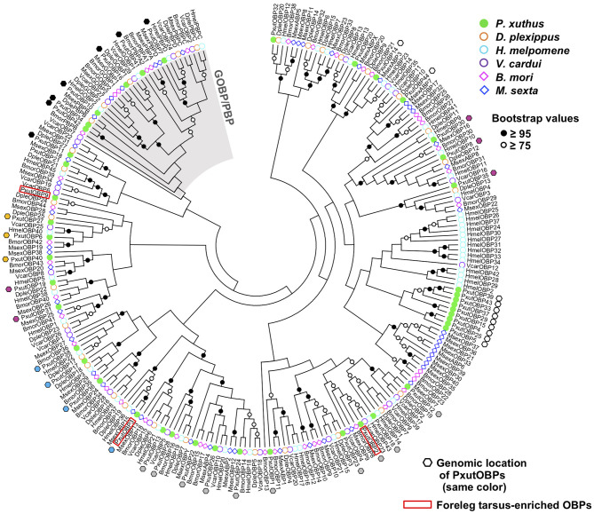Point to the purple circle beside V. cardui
tap(483, 69)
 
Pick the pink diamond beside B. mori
tap(483, 84)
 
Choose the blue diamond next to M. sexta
tap(483, 99)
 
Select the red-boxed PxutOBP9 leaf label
tap(36, 191)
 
